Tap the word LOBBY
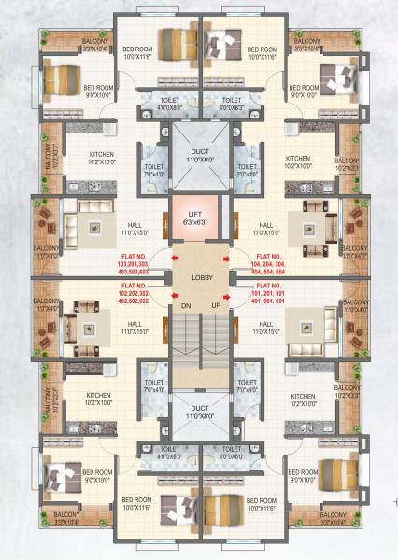(199, 278)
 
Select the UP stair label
(216, 305)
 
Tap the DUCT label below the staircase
(199, 413)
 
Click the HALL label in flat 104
(267, 229)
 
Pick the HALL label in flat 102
(131, 328)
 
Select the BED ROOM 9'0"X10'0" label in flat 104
(305, 91)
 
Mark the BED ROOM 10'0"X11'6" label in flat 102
(138, 503)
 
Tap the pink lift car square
(199, 219)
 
